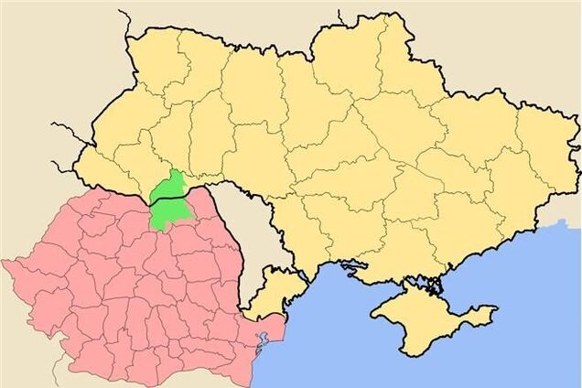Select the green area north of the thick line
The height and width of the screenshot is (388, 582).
click(168, 187)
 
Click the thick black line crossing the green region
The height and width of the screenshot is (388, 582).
click(170, 199)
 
